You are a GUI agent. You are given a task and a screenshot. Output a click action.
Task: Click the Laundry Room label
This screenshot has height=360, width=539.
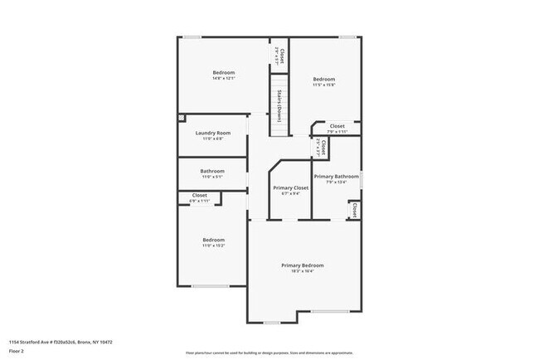pos(212,133)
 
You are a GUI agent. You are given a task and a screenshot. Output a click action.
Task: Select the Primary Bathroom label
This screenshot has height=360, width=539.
pos(336,177)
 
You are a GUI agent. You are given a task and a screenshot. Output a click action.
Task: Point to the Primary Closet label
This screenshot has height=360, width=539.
pos(290,188)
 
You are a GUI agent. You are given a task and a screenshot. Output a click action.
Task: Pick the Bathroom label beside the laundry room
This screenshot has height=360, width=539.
pos(212,171)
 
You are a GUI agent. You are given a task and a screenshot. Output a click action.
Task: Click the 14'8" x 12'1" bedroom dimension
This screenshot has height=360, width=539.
pos(223,79)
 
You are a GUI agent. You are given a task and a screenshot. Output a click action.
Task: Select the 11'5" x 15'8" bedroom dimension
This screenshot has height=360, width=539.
pos(323,85)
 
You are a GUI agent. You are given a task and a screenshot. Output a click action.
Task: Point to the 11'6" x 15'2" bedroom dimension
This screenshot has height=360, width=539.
pos(213,246)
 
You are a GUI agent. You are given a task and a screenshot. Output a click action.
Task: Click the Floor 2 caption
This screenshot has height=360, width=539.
pos(17,349)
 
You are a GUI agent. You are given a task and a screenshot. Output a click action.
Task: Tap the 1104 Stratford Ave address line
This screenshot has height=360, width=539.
pos(61,341)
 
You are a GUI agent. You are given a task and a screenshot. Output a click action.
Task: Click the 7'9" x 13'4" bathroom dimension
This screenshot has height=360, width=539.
pos(336,182)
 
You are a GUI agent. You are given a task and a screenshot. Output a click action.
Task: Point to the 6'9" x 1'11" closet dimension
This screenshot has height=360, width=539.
pos(200,201)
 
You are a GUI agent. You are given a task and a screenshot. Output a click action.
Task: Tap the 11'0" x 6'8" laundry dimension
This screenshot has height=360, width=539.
pos(212,139)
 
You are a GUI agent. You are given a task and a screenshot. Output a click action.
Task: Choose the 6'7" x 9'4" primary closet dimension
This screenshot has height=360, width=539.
pos(290,194)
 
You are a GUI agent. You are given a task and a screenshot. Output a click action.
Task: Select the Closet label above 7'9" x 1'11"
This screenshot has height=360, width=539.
pos(337,126)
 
